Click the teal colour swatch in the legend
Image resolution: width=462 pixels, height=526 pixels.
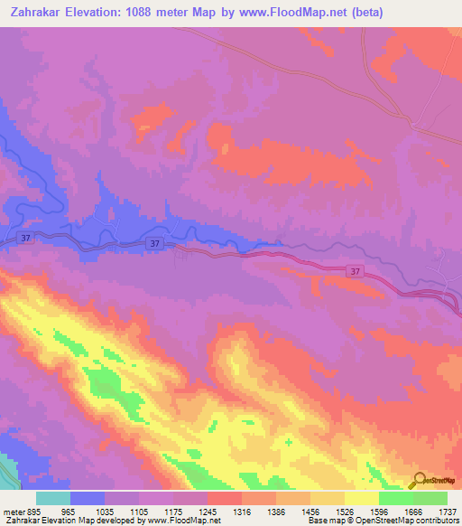pos(53,498)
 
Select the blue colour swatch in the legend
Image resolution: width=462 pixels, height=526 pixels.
pos(88,498)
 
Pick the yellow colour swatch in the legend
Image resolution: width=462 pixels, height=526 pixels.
pos(361,498)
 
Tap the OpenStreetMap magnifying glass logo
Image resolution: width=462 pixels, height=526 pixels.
pos(419,480)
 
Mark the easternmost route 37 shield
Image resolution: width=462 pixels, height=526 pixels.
pos(356,270)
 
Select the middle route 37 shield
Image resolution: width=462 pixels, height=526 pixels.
pos(155,244)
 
